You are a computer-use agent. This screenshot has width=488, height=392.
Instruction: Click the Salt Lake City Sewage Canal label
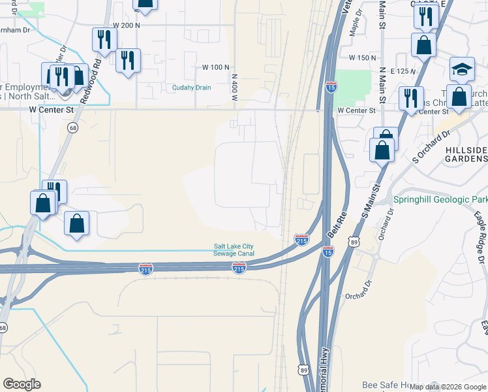click(x=234, y=250)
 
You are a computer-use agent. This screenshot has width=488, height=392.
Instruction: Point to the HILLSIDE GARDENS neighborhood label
click(x=466, y=154)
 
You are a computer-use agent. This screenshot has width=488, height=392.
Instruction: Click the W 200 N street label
click(x=127, y=25)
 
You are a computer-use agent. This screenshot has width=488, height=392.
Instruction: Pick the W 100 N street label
click(x=216, y=67)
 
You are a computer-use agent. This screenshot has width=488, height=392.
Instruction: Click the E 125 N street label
click(x=404, y=71)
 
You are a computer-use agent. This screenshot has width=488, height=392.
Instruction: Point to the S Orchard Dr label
click(x=432, y=148)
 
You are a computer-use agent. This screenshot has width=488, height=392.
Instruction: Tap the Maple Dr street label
click(x=356, y=26)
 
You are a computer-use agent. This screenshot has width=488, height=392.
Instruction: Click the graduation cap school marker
click(x=462, y=69)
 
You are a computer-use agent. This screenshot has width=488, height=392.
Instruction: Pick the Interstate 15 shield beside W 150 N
click(x=331, y=86)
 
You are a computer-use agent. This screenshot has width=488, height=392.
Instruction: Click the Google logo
click(x=22, y=384)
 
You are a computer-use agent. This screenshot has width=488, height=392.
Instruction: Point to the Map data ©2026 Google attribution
click(x=448, y=387)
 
